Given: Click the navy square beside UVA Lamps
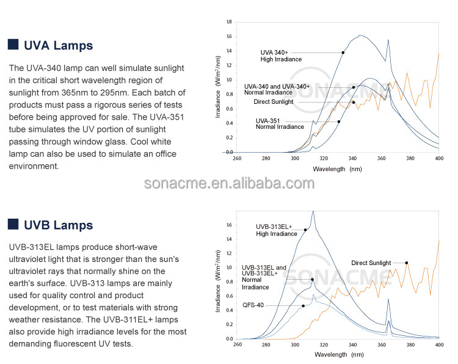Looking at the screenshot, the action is [13, 44].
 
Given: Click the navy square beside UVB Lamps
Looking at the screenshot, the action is [13, 224].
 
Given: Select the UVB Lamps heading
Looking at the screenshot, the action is [59, 225].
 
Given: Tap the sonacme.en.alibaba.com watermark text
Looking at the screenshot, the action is [229, 183].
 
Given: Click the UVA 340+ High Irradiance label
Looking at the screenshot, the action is [281, 56].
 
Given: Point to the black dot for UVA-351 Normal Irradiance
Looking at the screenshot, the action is [339, 122].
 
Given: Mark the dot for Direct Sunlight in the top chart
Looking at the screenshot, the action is [354, 102].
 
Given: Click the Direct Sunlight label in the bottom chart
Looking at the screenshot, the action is [371, 263].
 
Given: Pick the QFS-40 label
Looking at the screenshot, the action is [253, 305].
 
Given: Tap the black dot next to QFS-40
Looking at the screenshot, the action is [303, 306].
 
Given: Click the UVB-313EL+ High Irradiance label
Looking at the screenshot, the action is [276, 230].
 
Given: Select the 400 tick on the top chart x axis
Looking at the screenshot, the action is [439, 158].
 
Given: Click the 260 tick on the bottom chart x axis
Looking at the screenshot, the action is [238, 344].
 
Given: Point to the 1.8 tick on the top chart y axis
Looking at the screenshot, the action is [229, 22].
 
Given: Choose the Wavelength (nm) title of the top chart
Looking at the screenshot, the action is [337, 169].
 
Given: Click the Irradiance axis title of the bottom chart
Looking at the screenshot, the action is [218, 281].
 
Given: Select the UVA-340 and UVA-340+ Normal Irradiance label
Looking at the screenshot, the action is [277, 89].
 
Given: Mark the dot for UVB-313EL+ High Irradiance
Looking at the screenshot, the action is [305, 230].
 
